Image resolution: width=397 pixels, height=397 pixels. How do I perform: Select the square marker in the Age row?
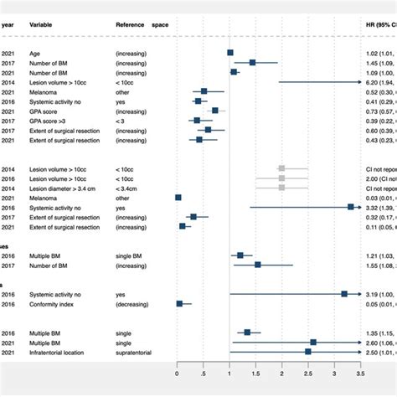point(231,53)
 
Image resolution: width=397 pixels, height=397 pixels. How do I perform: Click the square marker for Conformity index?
point(179,304)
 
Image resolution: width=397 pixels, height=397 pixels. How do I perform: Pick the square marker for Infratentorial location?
point(308,352)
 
